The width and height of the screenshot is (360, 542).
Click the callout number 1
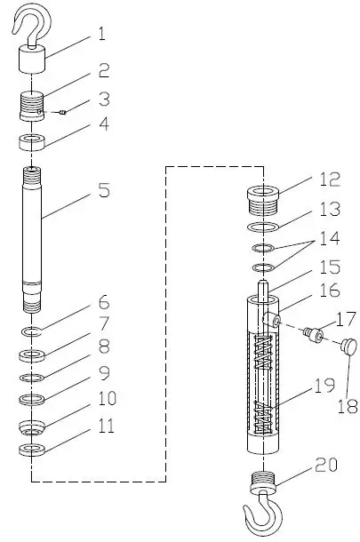102,36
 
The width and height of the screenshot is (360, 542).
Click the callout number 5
105,189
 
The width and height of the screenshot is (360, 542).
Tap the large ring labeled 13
261,229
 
